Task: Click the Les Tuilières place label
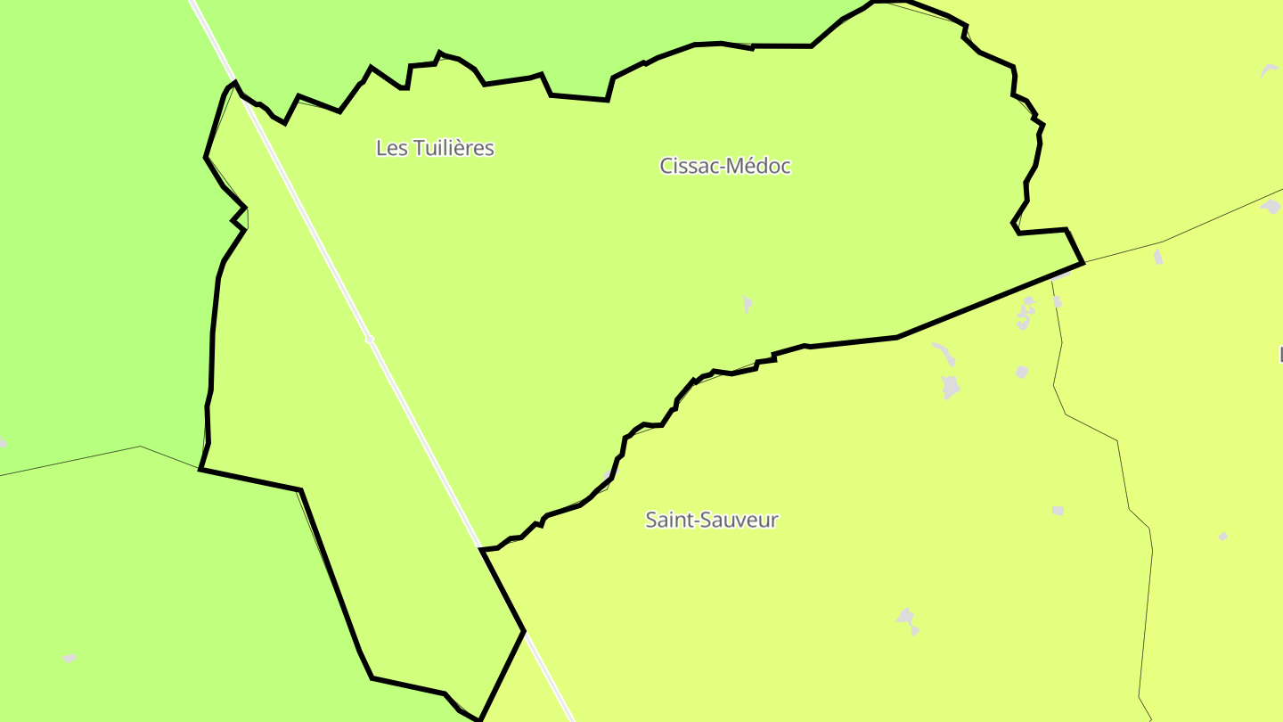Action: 435,148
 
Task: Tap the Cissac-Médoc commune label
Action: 725,166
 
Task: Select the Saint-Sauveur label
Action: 712,520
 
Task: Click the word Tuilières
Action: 453,148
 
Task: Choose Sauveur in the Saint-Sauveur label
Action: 739,520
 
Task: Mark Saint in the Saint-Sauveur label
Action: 668,520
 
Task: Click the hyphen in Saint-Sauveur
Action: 695,521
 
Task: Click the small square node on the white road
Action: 369,340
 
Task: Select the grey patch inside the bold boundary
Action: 748,304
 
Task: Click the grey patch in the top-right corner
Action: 1269,70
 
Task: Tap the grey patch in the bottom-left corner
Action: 69,658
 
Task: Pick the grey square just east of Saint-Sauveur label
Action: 1058,511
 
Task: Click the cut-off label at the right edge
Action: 1280,354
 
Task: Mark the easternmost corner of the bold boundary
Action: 1083,262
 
